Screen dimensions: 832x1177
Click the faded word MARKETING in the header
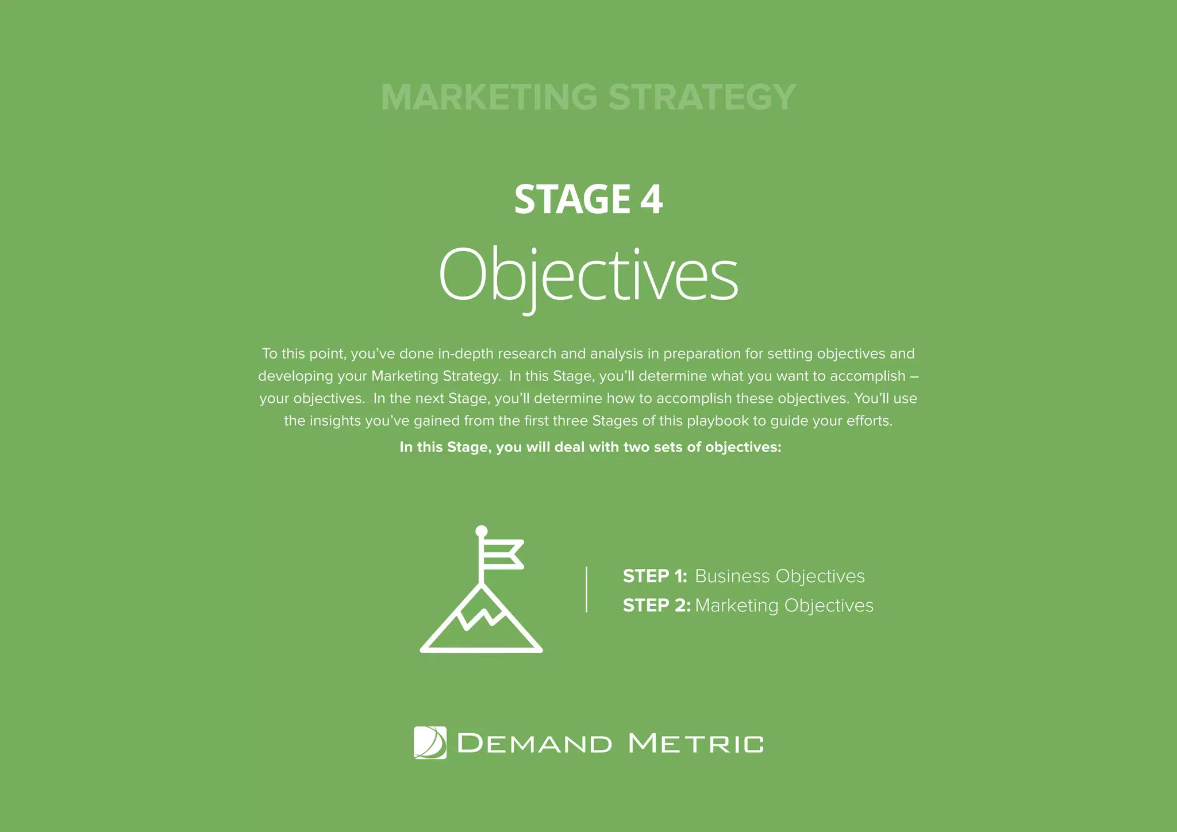pos(489,97)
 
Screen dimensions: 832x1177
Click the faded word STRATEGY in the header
pos(702,97)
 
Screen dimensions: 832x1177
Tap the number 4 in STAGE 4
pos(651,199)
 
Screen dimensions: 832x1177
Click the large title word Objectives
pos(588,275)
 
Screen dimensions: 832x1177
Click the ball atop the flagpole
pos(482,531)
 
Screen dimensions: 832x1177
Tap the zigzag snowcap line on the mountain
pos(482,617)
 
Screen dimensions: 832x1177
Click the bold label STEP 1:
pos(655,576)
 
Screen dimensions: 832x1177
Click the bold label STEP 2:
pos(656,606)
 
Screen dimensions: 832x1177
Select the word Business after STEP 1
pos(732,576)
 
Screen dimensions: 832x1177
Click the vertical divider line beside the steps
pos(586,590)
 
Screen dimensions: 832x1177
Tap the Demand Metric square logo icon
pos(430,743)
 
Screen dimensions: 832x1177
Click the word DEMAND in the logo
pos(534,744)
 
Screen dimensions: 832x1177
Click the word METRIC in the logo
pos(696,744)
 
